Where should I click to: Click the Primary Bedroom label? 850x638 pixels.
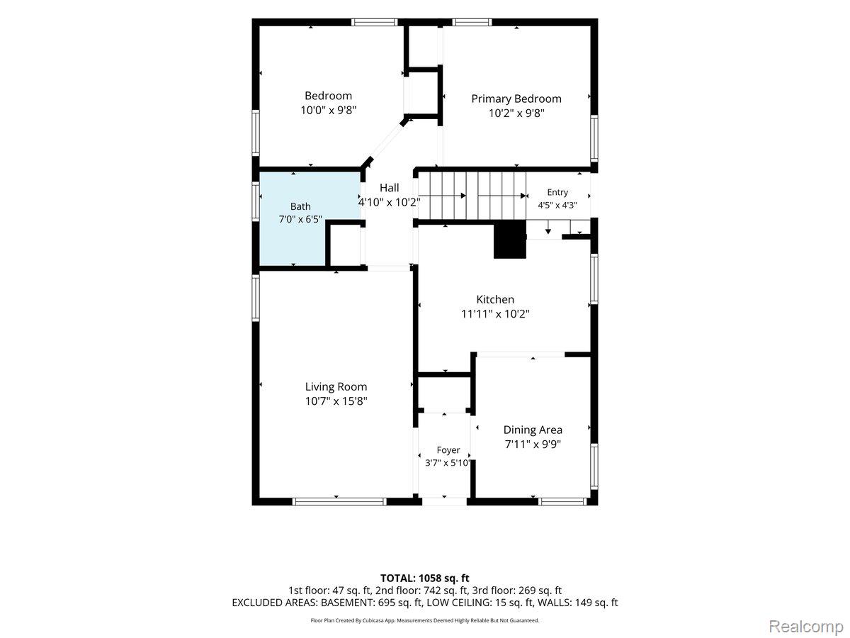point(516,99)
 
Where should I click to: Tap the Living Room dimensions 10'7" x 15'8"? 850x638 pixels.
point(336,401)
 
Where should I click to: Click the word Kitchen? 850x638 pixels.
point(495,299)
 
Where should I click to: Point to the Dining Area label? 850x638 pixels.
point(533,430)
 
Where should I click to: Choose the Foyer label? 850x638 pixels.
point(448,450)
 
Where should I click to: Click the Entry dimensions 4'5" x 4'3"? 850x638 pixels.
point(557,205)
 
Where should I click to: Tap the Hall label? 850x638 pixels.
point(389,188)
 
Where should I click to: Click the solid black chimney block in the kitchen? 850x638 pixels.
point(509,240)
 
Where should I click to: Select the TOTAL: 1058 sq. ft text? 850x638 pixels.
point(425,578)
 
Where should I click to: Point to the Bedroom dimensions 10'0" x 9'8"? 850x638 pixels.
point(329,111)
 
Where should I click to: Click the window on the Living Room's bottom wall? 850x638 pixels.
point(339,502)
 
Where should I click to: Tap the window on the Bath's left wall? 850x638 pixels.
point(256,201)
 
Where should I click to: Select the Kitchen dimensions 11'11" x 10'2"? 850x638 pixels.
point(495,314)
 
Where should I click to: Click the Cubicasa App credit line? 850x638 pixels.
point(425,620)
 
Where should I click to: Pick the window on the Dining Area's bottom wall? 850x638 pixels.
point(562,502)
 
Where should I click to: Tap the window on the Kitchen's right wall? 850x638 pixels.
point(594,279)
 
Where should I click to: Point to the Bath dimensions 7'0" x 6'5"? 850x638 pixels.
point(300,219)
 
